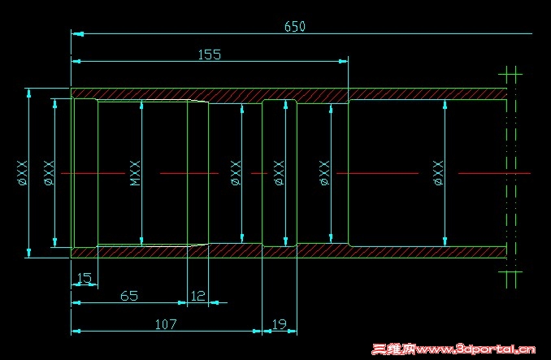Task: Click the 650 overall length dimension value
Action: [x=294, y=27]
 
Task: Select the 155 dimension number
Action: [x=209, y=54]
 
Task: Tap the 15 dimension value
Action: [x=83, y=278]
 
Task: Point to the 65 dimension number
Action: [x=129, y=296]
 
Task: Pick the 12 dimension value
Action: [x=197, y=296]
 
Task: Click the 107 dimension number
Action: [x=166, y=324]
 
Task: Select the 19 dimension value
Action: [x=279, y=324]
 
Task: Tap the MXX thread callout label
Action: [x=135, y=173]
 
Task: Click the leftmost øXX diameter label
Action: [x=22, y=173]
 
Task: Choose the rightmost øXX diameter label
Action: [x=437, y=173]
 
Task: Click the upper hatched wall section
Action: [x=284, y=94]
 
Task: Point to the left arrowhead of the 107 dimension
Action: [x=76, y=331]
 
